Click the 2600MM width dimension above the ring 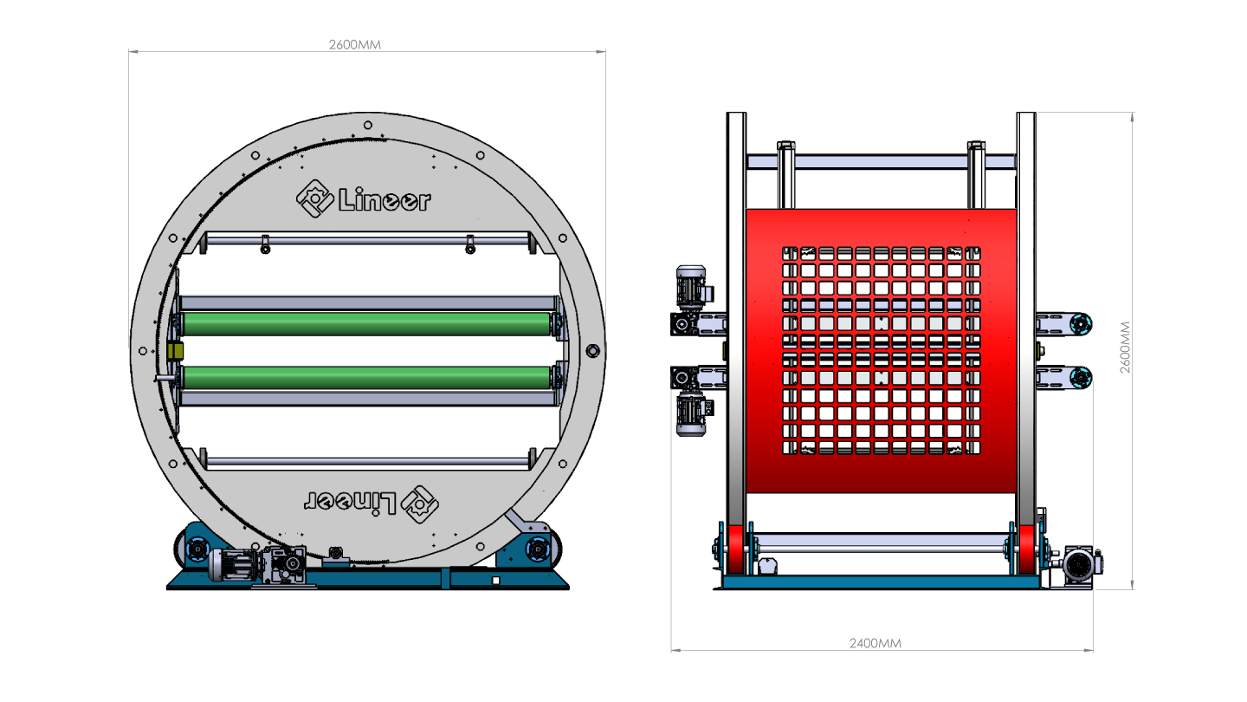355,44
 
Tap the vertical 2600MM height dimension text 1125,347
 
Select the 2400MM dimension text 875,643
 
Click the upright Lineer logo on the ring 364,198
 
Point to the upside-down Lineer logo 372,504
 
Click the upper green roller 366,324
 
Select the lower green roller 366,378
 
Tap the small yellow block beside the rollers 175,352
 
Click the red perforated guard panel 882,351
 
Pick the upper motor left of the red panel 691,286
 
